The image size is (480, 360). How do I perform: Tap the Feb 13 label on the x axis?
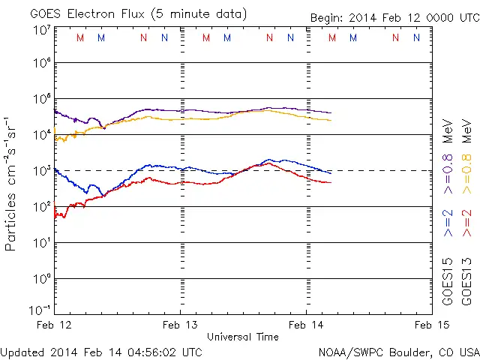click(x=181, y=324)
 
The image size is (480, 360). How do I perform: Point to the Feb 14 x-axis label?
click(x=306, y=324)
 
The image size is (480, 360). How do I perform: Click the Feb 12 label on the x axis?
click(x=55, y=324)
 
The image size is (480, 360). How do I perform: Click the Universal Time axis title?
click(x=242, y=337)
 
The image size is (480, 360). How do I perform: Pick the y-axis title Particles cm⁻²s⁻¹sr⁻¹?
click(x=12, y=183)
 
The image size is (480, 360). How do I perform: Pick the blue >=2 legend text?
click(x=448, y=223)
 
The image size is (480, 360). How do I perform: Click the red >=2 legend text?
click(x=466, y=223)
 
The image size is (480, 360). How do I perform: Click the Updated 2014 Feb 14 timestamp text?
click(x=101, y=351)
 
